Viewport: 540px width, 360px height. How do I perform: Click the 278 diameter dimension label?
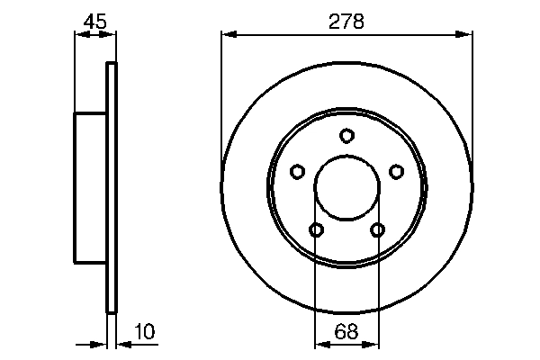[x=346, y=22]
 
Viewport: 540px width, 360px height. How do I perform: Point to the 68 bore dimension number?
[x=346, y=332]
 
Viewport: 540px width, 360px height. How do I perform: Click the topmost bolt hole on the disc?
[x=346, y=136]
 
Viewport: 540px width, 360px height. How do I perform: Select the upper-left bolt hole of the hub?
[x=297, y=171]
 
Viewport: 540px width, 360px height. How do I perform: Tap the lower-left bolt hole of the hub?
[x=316, y=230]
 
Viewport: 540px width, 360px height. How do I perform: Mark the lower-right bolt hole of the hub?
[x=377, y=230]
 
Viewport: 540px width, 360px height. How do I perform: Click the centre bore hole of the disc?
[x=346, y=188]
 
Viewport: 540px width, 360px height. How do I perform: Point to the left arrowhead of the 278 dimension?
[x=228, y=35]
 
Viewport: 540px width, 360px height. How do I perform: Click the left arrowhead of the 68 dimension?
[x=320, y=343]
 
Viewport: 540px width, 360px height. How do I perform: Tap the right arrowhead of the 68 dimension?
[x=373, y=343]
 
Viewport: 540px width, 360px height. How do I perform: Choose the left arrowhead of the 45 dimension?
[x=79, y=35]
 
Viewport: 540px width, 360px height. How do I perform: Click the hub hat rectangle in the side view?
[x=90, y=188]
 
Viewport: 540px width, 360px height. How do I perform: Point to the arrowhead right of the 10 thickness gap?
[x=122, y=343]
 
